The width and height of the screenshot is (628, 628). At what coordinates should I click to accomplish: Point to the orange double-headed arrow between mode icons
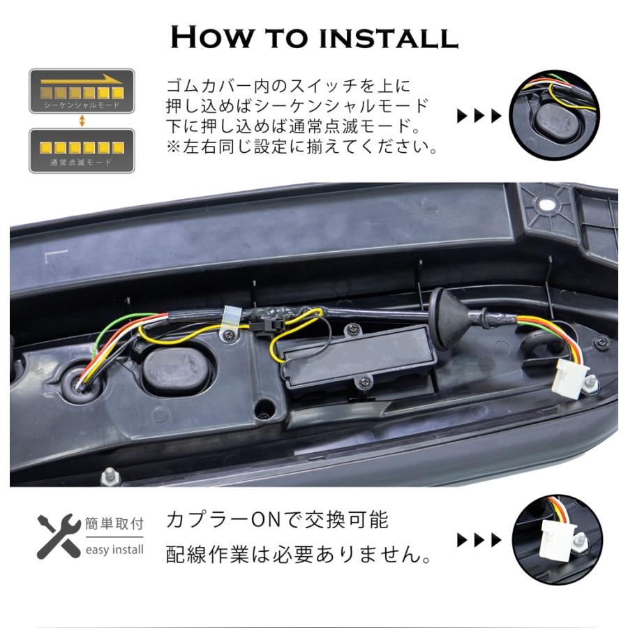click(x=82, y=121)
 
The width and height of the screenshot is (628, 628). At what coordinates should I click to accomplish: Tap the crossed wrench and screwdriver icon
click(x=57, y=537)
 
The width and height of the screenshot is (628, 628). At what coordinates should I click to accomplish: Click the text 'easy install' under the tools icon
click(x=114, y=550)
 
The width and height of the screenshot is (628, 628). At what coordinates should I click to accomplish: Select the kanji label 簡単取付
click(x=114, y=523)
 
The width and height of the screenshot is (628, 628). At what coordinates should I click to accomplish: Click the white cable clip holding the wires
click(x=229, y=322)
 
